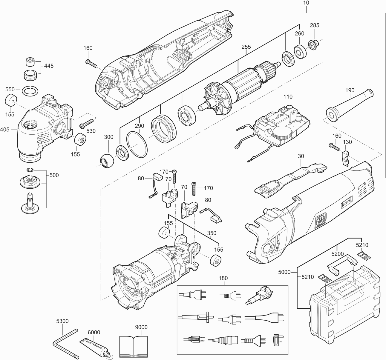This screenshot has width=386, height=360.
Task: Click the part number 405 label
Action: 5,130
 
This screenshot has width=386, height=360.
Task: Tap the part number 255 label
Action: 246,47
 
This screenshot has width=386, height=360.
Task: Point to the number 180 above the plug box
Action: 223,278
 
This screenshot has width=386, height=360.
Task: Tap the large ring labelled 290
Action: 137,145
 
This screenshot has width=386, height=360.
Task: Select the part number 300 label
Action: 109,137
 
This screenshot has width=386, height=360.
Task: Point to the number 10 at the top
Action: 306,3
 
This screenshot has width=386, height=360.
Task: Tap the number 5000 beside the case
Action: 284,272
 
